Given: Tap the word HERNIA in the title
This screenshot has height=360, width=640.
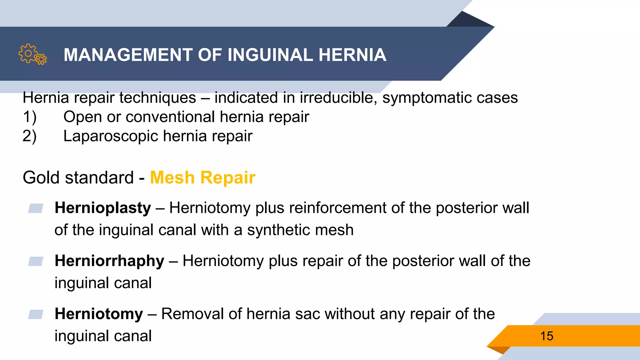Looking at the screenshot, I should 352,55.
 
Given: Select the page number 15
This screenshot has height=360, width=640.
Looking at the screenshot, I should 547,336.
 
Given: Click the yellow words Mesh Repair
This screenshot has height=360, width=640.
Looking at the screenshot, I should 202,177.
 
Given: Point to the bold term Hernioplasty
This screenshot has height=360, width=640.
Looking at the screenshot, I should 102,208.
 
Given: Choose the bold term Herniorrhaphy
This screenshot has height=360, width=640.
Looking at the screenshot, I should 109,261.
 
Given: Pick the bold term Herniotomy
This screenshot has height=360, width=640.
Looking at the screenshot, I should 99,314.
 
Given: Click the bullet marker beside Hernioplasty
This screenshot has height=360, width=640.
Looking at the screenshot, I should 36,208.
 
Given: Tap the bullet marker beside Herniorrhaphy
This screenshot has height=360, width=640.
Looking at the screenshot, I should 36,261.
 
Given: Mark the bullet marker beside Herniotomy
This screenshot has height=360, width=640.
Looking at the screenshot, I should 36,314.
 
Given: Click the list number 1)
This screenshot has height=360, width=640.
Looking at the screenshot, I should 30,117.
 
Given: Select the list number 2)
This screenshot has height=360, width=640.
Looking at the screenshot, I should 30,137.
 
